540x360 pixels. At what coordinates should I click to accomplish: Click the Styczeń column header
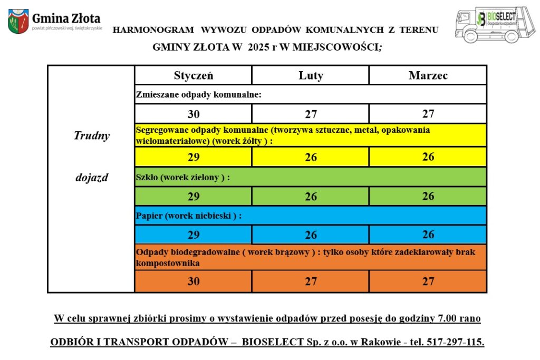point(194,75)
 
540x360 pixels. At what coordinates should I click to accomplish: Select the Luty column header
point(311,75)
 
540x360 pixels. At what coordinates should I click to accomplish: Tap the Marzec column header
point(428,75)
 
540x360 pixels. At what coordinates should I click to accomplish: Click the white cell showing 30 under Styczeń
point(194,114)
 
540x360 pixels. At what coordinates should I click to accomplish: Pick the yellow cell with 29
point(194,157)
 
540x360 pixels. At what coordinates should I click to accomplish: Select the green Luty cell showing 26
point(311,196)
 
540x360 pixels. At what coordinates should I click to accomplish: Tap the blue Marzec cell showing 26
point(428,235)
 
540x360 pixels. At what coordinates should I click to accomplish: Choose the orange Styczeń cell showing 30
point(194,281)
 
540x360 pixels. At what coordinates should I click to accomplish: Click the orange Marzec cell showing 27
point(428,281)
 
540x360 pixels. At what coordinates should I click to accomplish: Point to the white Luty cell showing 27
point(311,114)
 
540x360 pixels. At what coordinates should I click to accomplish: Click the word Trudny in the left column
point(91,135)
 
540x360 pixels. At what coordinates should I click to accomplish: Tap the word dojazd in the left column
point(91,178)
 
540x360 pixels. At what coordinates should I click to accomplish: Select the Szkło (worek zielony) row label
point(182,178)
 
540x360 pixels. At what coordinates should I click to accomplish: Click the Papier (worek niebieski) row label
point(188,216)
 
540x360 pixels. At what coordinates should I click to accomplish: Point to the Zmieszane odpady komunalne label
point(199,95)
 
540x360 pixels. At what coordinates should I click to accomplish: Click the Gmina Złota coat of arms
point(18,22)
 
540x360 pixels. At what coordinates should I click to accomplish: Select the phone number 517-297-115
point(454,342)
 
